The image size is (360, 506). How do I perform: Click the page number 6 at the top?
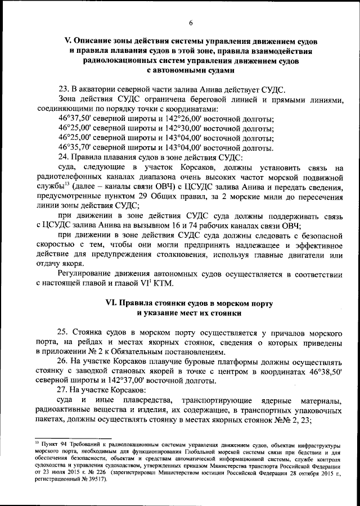click(x=191, y=22)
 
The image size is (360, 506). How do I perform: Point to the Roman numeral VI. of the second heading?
click(x=113, y=304)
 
